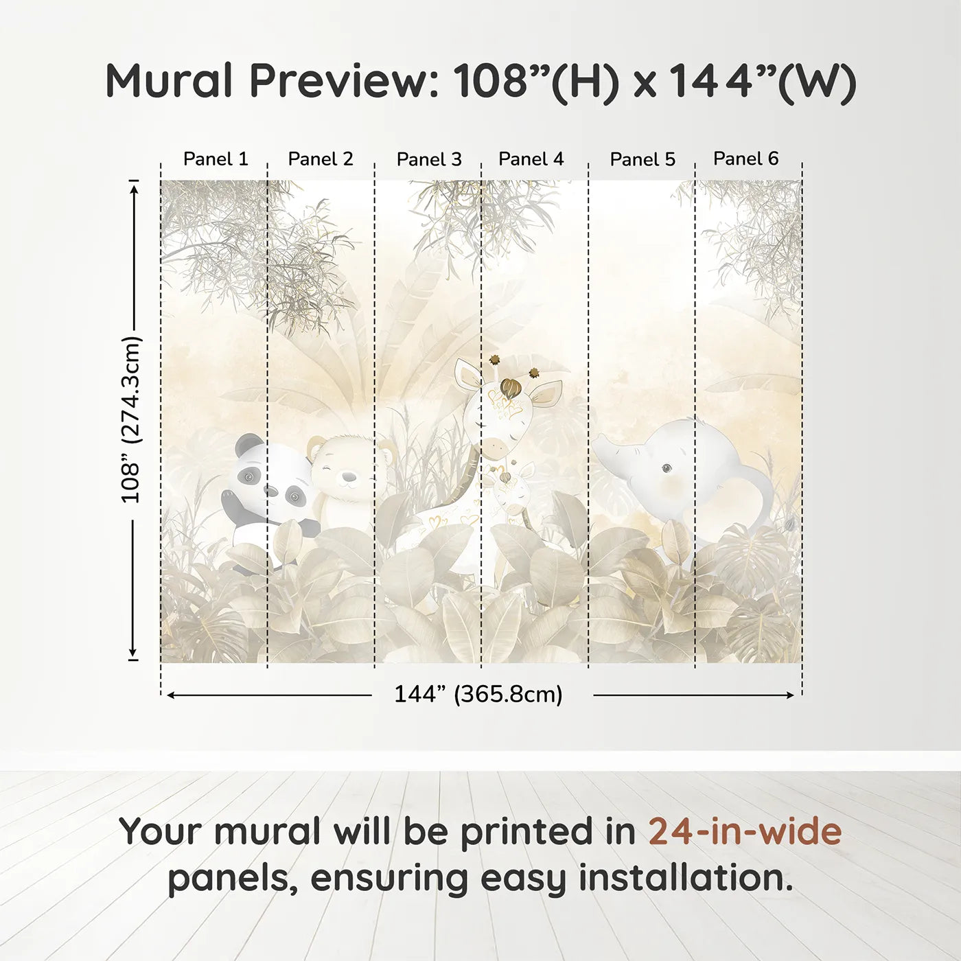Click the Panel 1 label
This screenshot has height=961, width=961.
(x=216, y=159)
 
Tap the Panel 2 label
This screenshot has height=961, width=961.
(x=321, y=159)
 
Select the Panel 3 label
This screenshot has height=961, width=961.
(x=429, y=160)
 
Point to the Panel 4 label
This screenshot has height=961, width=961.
(x=531, y=159)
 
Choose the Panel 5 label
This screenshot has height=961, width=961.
(x=642, y=160)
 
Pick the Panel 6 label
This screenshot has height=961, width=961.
(x=745, y=159)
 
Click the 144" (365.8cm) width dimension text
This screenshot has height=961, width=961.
(x=478, y=695)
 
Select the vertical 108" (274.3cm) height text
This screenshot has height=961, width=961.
(x=131, y=419)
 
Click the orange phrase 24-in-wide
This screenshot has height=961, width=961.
(x=745, y=831)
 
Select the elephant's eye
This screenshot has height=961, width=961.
(x=666, y=468)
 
